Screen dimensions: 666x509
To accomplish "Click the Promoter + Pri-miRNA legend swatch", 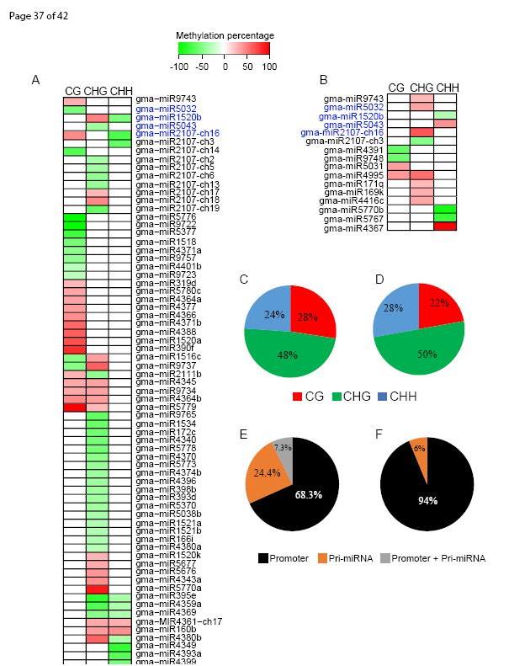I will tap(386, 558).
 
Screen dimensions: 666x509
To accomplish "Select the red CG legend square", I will tap(299, 395).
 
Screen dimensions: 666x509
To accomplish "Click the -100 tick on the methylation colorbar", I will tap(178, 65).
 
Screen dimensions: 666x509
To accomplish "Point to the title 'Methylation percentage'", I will tap(225, 35).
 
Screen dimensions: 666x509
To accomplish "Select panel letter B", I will tap(323, 80).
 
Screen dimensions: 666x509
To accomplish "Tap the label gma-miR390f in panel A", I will tap(160, 349).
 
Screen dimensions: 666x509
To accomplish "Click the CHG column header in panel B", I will tap(422, 88).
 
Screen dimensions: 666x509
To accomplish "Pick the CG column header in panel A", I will tap(73, 91).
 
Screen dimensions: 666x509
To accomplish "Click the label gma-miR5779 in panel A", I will tap(158, 408).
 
